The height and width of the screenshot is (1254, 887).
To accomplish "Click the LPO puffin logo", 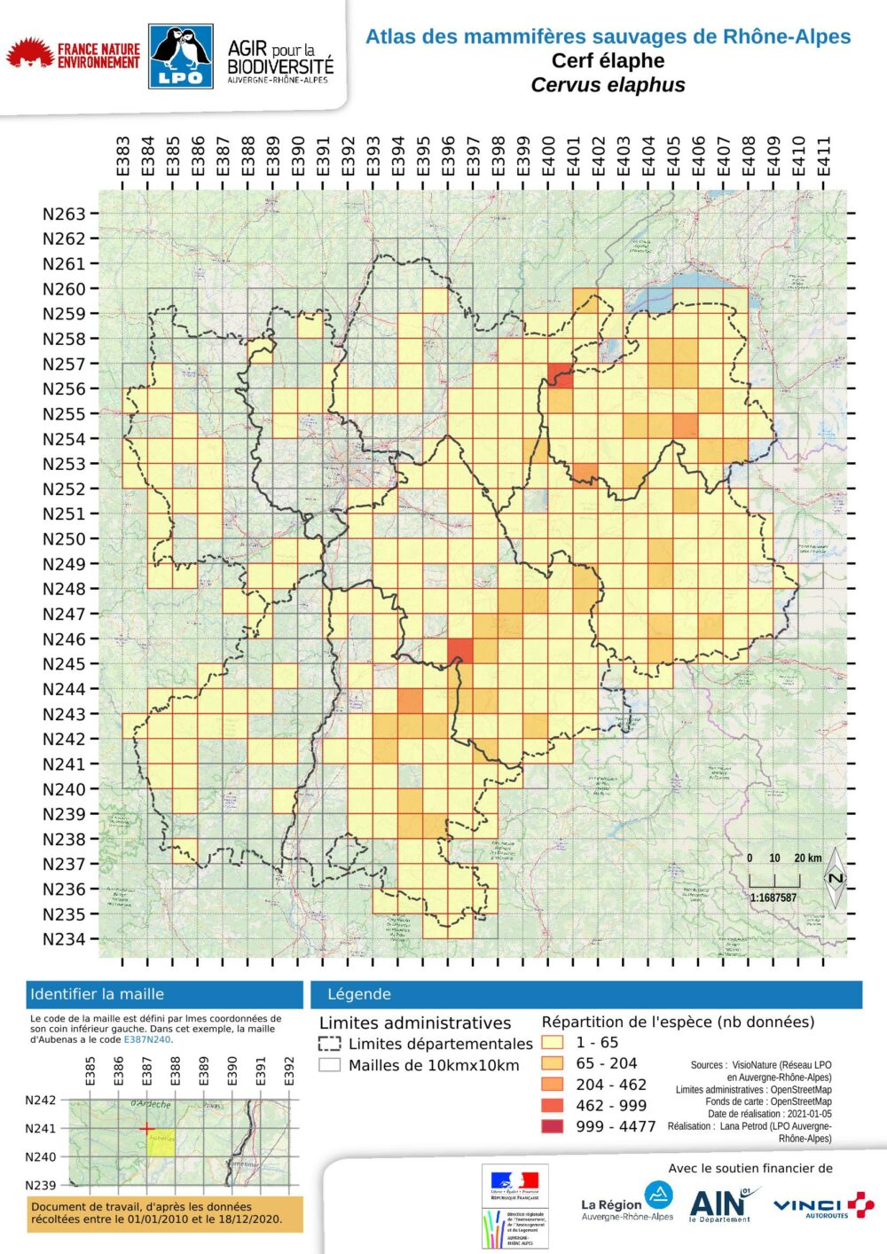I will [x=181, y=57].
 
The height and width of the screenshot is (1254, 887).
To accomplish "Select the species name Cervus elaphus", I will [x=608, y=85].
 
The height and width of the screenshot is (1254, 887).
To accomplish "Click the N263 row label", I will [x=65, y=214].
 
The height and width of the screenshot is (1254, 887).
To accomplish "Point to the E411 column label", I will [x=824, y=156].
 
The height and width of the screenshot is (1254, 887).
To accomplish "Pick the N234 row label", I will [x=65, y=939].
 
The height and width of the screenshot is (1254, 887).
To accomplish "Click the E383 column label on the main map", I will [x=122, y=156].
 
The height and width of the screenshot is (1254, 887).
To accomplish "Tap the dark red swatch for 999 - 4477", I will [x=553, y=1126].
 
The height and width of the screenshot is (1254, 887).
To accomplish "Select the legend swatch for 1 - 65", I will [x=553, y=1043].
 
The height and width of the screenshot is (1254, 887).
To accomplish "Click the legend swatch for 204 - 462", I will [x=553, y=1085].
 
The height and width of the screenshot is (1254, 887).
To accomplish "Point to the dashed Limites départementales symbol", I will [x=329, y=1044].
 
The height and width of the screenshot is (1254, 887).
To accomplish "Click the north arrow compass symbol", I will [x=835, y=878].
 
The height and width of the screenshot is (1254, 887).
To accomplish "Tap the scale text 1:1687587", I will [x=773, y=897].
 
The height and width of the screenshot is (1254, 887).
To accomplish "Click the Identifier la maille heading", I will [x=97, y=994].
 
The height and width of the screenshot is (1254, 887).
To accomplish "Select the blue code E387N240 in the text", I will [x=146, y=1039].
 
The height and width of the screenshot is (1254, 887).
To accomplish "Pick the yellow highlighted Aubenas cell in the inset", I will [x=161, y=1142].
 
